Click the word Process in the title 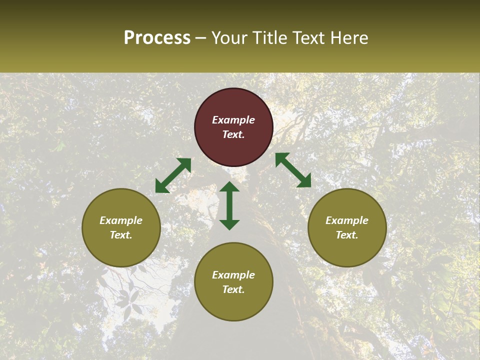click(157, 38)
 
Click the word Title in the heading click(270, 38)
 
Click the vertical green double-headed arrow click(229, 205)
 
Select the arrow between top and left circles click(173, 175)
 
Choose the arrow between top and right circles click(293, 170)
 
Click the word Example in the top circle click(233, 120)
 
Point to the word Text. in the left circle click(121, 235)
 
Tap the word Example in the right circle click(347, 220)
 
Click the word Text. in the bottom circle click(233, 289)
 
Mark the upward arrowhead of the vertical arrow click(229, 187)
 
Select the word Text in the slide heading click(306, 38)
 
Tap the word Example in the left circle click(121, 220)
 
